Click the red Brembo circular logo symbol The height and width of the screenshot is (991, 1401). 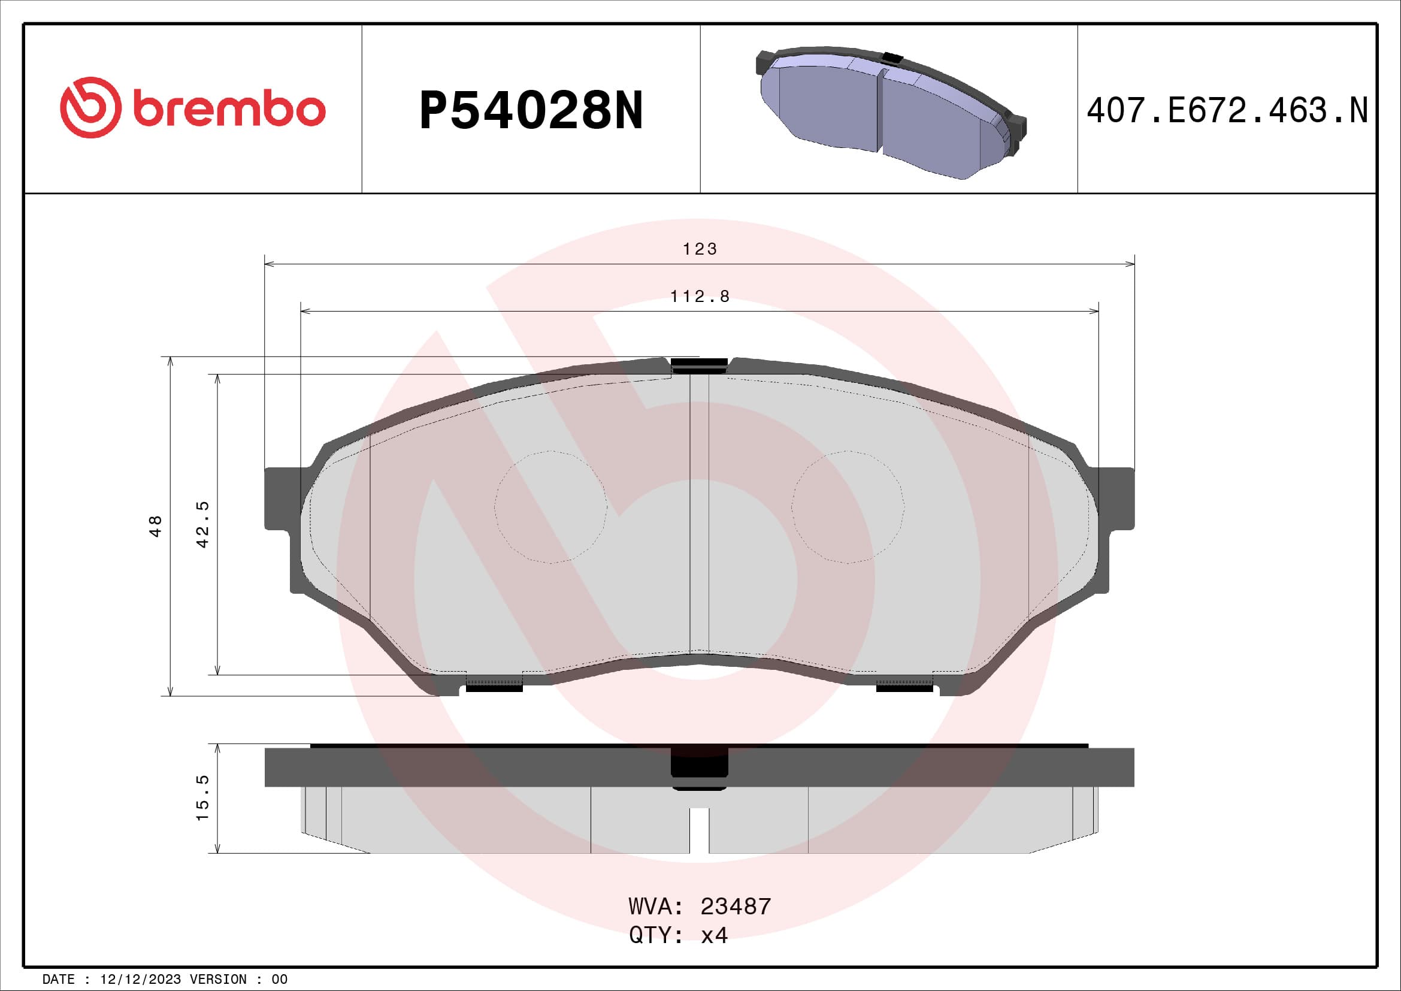click(90, 107)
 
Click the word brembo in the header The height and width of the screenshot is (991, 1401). click(228, 109)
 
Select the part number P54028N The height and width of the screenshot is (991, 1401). click(531, 110)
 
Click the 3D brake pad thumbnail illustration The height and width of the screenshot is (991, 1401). click(891, 113)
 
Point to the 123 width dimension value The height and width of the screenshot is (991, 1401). click(700, 249)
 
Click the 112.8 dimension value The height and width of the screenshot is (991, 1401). click(700, 297)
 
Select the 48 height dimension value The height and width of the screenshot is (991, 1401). click(156, 526)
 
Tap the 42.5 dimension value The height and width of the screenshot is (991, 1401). click(202, 524)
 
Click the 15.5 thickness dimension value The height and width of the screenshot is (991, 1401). click(202, 798)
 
